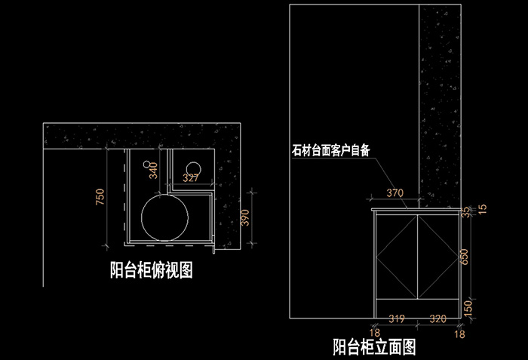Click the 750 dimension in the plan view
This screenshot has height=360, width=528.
99,198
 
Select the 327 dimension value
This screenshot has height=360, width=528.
191,179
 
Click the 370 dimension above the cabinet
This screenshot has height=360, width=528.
396,193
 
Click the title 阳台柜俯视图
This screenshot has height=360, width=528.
151,269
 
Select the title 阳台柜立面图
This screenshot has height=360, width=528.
375,347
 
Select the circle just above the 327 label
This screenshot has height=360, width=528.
194,168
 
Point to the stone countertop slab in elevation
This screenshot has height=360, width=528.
416,207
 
